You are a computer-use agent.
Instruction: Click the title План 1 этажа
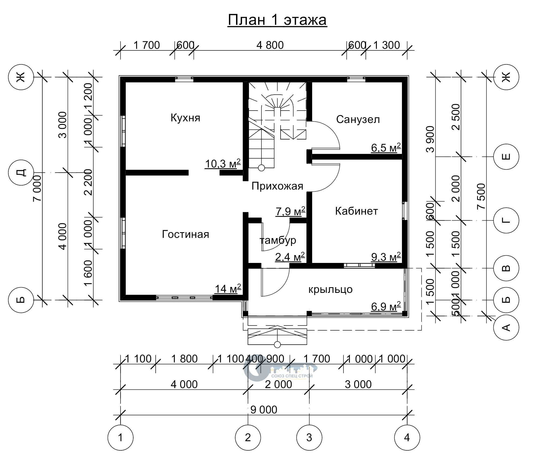tap(277, 20)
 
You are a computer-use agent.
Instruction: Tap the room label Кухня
tap(185, 118)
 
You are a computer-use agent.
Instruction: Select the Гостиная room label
tap(186, 234)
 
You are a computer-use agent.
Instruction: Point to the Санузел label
tap(358, 119)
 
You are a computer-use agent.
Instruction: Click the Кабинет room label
tap(356, 211)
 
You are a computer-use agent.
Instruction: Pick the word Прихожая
tap(277, 186)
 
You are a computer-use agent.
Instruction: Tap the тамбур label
tap(278, 240)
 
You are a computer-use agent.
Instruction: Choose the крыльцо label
tap(330, 289)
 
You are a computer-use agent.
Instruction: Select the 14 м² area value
tap(228, 289)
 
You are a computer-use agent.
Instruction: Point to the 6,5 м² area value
tap(386, 148)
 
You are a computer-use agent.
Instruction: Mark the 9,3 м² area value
tap(386, 257)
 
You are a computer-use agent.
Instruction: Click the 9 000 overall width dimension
tap(264, 410)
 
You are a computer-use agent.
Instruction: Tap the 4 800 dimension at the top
tap(270, 45)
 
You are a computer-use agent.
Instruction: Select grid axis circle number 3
tap(309, 437)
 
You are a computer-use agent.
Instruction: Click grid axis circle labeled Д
tap(21, 172)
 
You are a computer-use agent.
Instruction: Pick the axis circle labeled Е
tap(506, 156)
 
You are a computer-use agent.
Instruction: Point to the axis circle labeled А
tap(506, 327)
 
